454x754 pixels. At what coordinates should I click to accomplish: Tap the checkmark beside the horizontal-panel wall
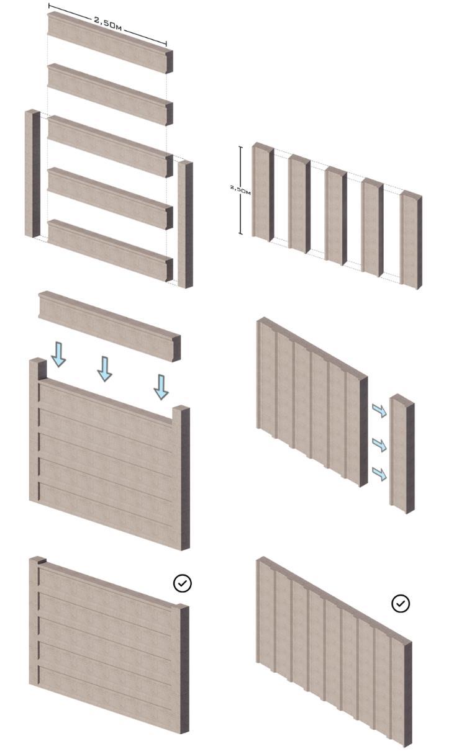click(183, 583)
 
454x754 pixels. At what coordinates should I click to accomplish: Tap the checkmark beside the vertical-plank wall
click(401, 603)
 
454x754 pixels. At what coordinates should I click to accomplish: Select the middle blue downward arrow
click(105, 369)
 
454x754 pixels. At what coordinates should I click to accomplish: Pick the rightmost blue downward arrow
click(161, 387)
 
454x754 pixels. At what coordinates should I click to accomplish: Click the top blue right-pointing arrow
click(378, 410)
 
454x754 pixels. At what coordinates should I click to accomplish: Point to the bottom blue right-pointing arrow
click(378, 474)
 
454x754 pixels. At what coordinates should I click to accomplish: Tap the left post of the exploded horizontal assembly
click(32, 173)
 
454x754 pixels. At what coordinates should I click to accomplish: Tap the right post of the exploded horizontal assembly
click(184, 223)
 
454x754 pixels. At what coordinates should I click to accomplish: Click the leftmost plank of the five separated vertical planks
click(262, 192)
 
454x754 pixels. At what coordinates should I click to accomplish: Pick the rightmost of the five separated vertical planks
click(410, 241)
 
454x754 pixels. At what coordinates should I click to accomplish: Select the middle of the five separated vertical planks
click(335, 215)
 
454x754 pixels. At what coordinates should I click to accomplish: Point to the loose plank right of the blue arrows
click(401, 454)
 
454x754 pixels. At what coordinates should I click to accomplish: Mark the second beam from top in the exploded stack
click(109, 94)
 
